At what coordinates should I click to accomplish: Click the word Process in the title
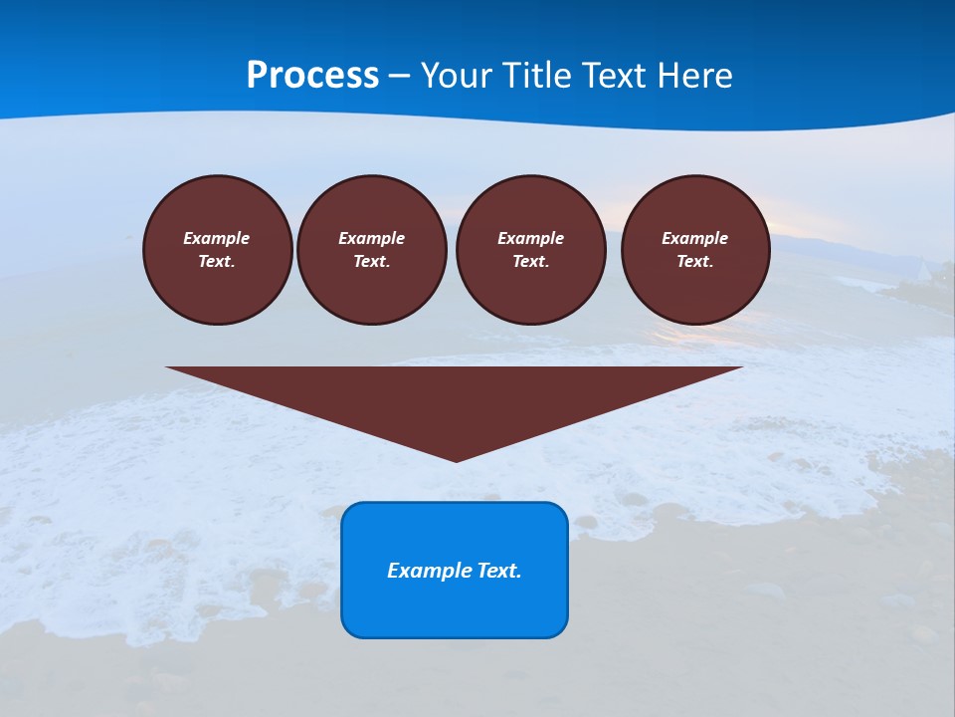312,76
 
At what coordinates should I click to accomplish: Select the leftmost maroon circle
218,250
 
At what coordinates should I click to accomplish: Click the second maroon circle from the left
372,250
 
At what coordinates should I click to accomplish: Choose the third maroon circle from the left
530,250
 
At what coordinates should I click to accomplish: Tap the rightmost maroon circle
695,250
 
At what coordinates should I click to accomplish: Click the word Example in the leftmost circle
217,238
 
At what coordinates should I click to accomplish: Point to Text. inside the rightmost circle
695,262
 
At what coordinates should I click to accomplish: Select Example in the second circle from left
372,238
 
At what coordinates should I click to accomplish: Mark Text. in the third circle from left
530,262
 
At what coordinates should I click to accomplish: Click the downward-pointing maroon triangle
455,398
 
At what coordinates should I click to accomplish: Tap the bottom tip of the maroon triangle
456,459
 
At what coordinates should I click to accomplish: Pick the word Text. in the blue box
499,571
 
